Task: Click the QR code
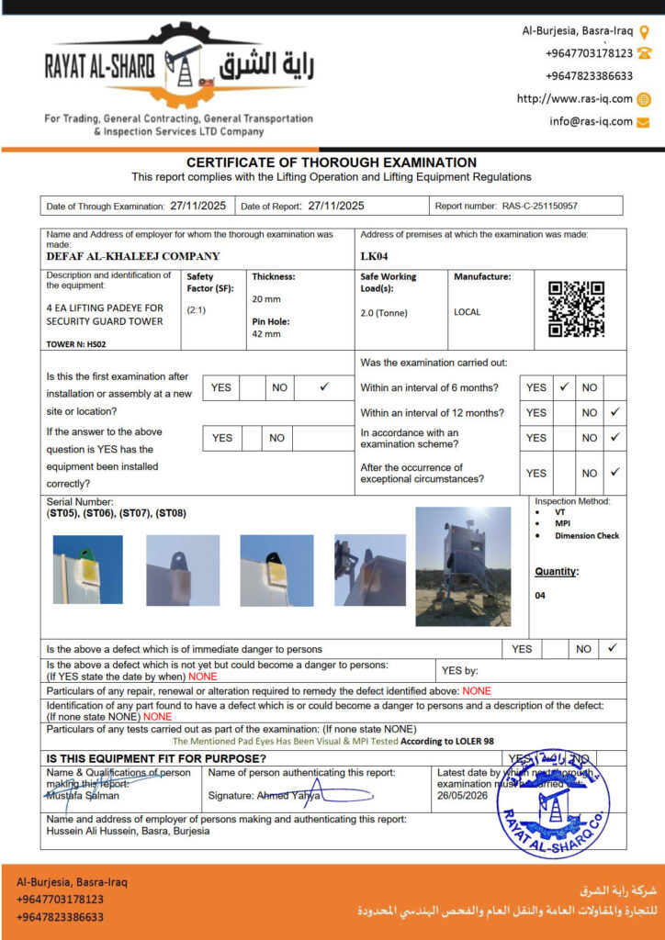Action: [576, 309]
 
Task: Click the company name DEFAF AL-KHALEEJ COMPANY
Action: [133, 257]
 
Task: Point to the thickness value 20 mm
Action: [266, 299]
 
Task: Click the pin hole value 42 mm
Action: [266, 334]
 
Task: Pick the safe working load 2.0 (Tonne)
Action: [384, 313]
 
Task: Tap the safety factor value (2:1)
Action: [197, 310]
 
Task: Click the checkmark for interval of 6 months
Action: [565, 387]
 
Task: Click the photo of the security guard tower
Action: [463, 566]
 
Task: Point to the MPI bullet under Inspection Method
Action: [562, 523]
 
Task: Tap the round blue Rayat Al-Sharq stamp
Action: [553, 800]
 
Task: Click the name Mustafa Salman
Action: [82, 795]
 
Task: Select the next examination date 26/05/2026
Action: [459, 795]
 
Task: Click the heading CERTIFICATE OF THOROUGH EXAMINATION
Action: [332, 162]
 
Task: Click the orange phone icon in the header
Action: [644, 53]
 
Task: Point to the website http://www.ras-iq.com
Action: [575, 99]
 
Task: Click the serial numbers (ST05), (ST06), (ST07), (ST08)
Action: [116, 513]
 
